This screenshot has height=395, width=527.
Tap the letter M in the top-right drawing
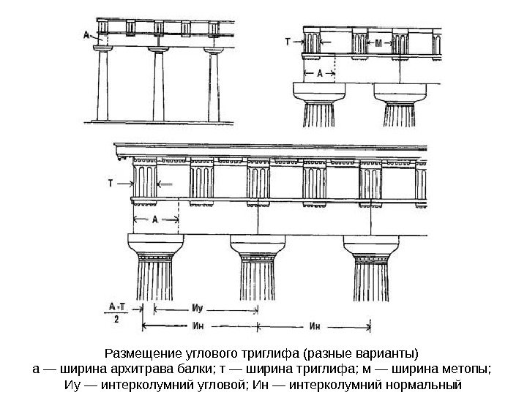[x=378, y=43]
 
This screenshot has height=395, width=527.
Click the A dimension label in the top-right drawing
[x=319, y=73]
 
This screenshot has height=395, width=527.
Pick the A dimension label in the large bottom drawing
[x=155, y=219]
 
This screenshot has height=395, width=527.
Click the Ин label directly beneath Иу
[x=198, y=326]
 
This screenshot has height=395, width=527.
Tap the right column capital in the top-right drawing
[x=400, y=94]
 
